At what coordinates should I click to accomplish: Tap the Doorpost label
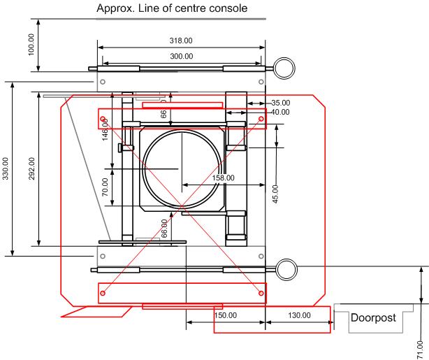point(373,317)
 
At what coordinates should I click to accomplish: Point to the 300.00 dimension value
point(181,57)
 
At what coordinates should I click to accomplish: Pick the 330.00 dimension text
point(6,168)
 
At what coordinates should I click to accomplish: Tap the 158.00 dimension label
point(224,178)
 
